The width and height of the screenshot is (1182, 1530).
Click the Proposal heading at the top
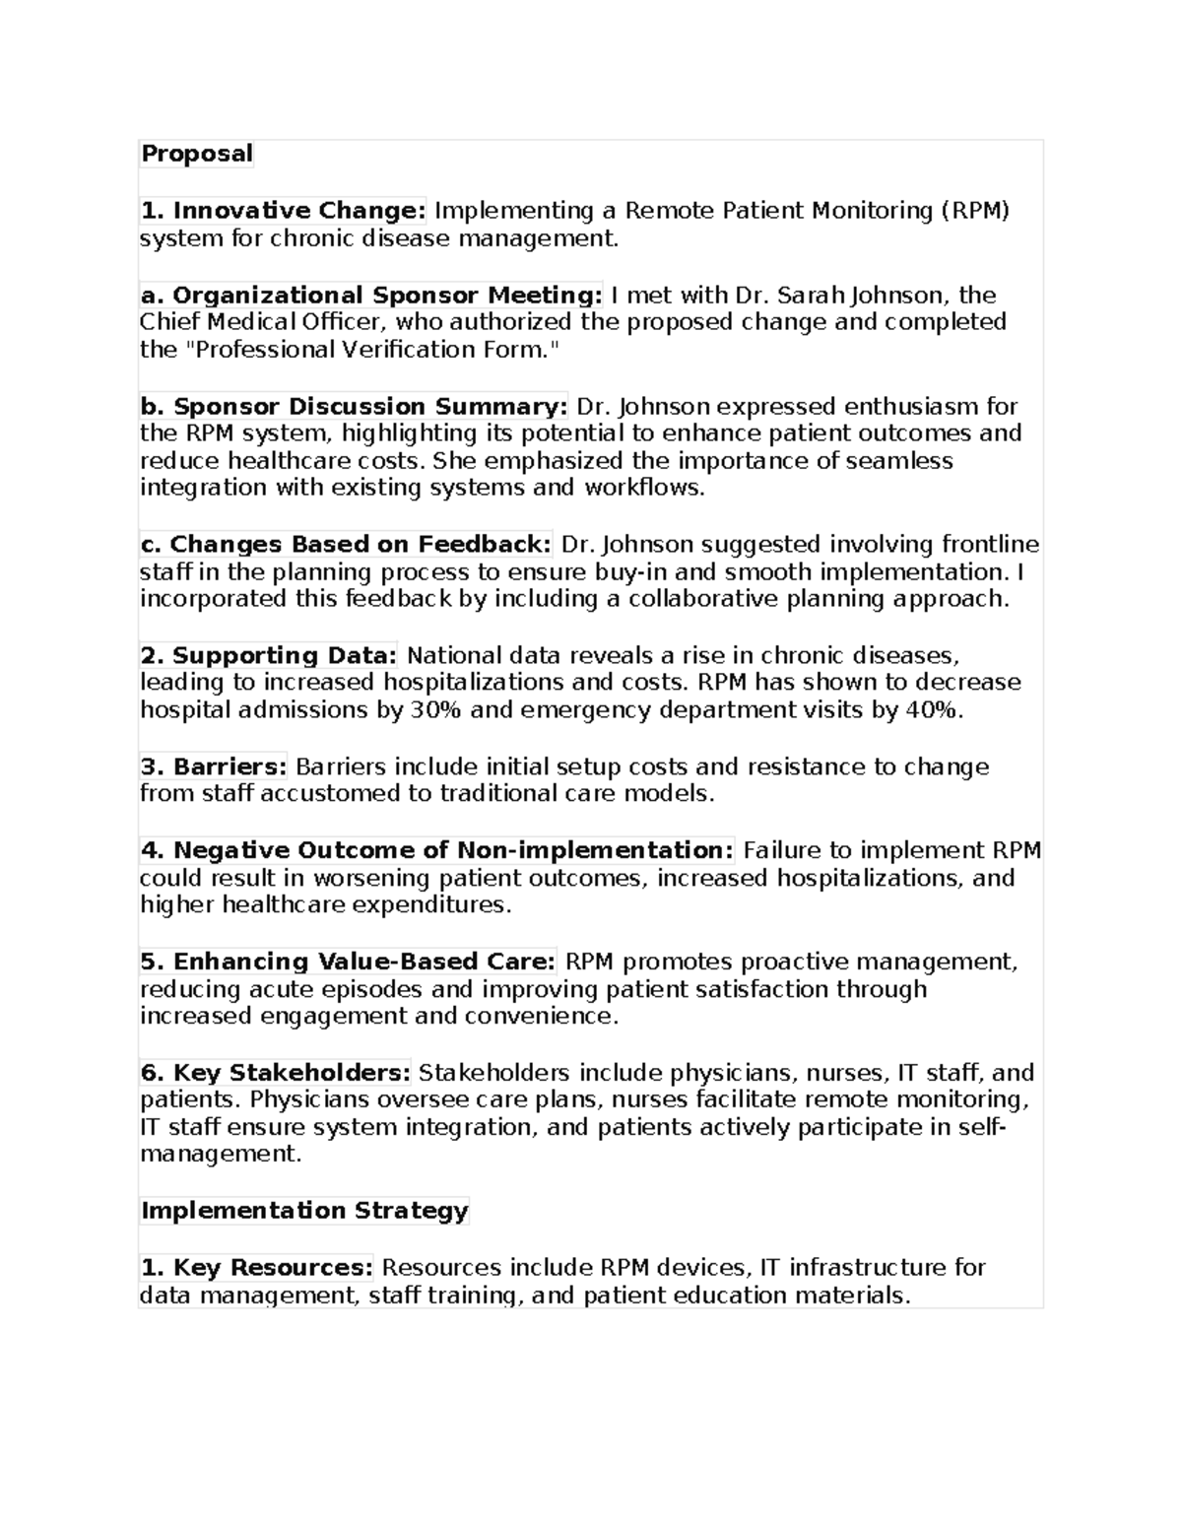(197, 154)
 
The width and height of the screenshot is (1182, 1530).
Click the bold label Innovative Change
(284, 211)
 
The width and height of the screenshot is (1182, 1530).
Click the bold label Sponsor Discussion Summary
(355, 407)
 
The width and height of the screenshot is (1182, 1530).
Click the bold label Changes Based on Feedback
(346, 545)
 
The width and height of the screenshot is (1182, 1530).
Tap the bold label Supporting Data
(269, 656)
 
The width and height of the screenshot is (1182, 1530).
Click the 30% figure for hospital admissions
(434, 710)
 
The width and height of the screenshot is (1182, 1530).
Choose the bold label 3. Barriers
(214, 767)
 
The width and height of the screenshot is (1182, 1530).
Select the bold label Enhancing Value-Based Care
(349, 963)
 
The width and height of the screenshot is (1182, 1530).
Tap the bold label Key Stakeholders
(276, 1073)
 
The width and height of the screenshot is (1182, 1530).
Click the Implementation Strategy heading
(304, 1211)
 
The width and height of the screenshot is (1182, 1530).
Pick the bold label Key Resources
(257, 1268)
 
